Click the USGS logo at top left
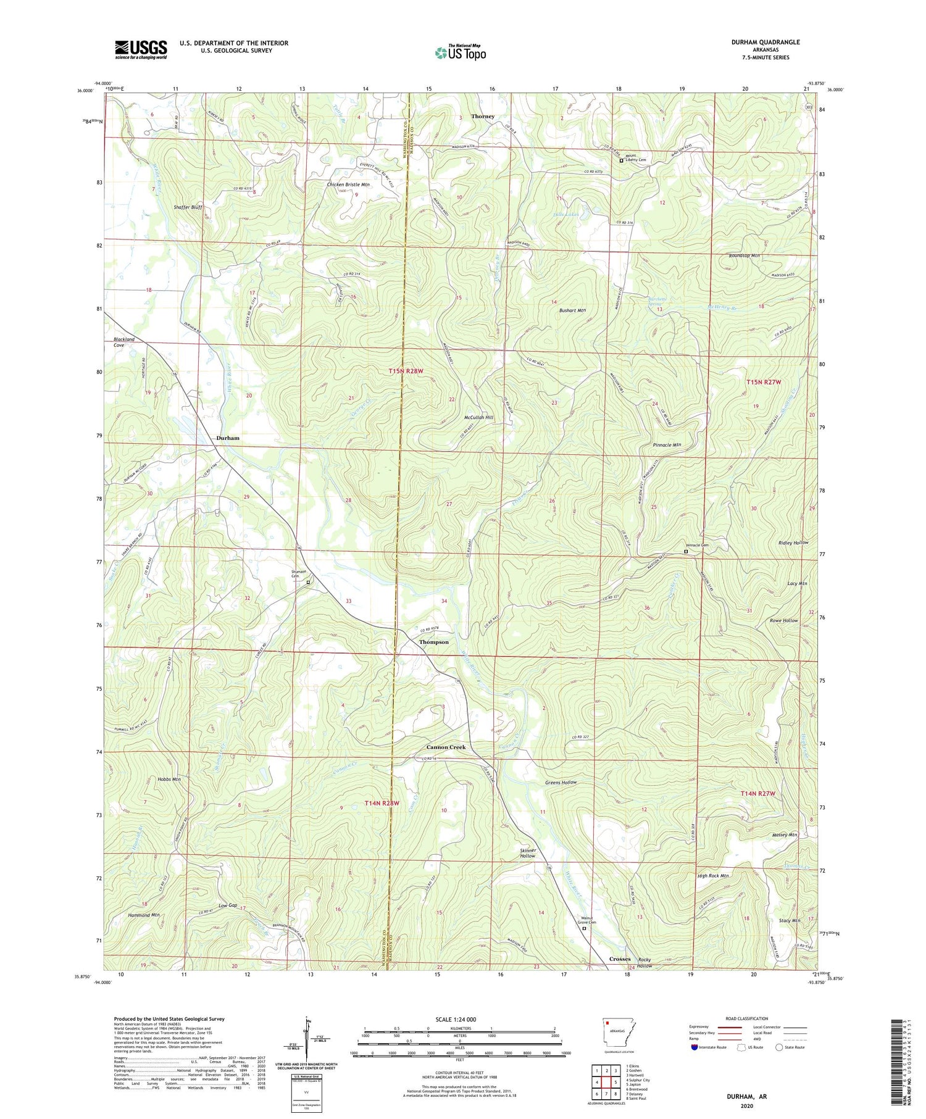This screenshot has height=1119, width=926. pos(141,49)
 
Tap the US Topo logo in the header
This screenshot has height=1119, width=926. pos(461,53)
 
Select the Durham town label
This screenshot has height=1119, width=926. pos(228,438)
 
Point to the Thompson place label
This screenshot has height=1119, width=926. pos(434,642)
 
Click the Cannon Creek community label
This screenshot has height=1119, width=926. pos(447,747)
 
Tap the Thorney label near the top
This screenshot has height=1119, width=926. pos(483,116)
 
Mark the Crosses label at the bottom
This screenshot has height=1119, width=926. pos(620,959)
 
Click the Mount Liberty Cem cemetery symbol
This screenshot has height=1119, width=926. pos(621,160)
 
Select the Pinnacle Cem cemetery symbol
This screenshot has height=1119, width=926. pos(686,552)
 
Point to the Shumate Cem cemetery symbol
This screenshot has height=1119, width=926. pos(308,581)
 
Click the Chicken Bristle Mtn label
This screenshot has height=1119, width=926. pos(348,185)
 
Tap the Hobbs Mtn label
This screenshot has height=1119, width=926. pos(169,780)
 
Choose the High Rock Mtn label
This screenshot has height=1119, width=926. pos(713,876)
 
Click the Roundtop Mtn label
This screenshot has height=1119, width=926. pos(744,256)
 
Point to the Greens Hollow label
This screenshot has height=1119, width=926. pos(561,782)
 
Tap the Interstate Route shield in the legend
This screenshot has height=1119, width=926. pos(694,1047)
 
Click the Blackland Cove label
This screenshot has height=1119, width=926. pos(123,342)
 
